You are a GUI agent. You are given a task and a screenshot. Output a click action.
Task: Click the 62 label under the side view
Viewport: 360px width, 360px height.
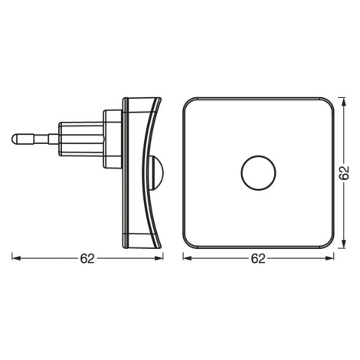tap(87, 259)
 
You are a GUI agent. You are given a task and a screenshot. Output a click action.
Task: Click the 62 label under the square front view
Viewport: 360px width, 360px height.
tap(258, 259)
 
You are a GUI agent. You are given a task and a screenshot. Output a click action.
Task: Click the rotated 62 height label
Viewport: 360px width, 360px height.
tap(344, 173)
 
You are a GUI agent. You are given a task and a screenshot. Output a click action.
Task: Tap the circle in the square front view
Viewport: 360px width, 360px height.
tap(259, 172)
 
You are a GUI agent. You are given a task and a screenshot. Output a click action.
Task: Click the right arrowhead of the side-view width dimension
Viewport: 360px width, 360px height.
tap(159, 258)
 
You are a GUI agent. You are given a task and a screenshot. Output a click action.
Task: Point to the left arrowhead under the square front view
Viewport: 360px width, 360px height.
tap(187, 258)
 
